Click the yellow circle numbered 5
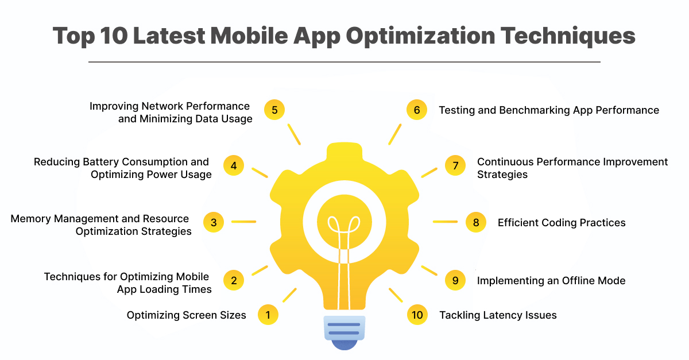click(x=274, y=110)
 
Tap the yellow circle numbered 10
click(x=417, y=315)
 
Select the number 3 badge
click(x=214, y=222)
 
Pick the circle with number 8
click(x=476, y=222)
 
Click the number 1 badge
click(x=268, y=315)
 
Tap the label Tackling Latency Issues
click(x=498, y=315)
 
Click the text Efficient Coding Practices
click(x=562, y=222)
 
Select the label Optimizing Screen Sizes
click(x=187, y=315)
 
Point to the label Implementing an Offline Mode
click(x=551, y=281)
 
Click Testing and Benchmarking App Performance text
click(x=549, y=110)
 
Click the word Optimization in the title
click(x=420, y=36)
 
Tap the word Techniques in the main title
click(x=568, y=36)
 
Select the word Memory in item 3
click(x=30, y=219)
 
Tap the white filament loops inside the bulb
click(x=344, y=224)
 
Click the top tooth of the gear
click(x=344, y=150)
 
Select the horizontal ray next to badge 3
click(x=243, y=222)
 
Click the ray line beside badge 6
click(x=394, y=134)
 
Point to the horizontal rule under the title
click(x=344, y=62)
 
